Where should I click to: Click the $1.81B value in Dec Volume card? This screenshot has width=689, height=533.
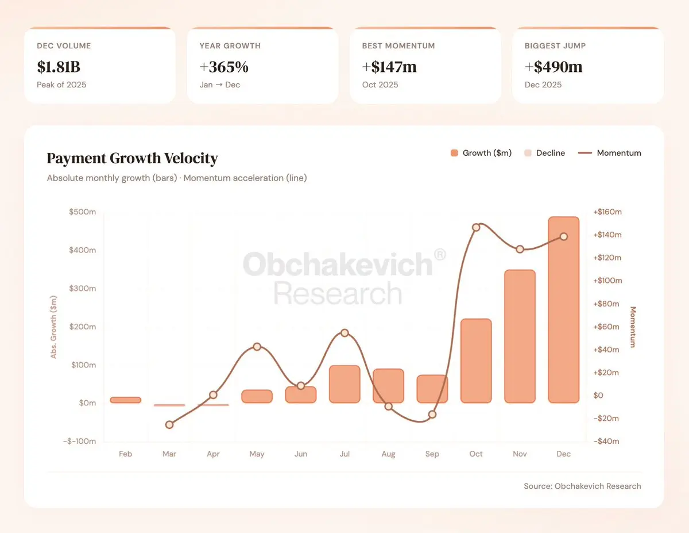click(59, 67)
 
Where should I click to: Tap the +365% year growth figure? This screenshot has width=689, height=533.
click(224, 67)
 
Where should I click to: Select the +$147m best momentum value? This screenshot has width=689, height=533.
click(389, 67)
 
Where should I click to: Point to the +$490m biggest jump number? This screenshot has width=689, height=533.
click(553, 67)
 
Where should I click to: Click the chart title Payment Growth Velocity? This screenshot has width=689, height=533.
click(132, 158)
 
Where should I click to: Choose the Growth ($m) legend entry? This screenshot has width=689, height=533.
click(481, 153)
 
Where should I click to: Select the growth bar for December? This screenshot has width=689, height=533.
click(563, 310)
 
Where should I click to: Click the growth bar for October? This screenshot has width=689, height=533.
click(476, 361)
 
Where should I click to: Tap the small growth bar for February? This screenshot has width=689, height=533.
click(125, 400)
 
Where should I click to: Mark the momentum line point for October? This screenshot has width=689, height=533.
click(476, 228)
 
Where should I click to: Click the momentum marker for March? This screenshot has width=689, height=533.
click(169, 425)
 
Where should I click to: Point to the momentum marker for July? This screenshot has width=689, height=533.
click(344, 333)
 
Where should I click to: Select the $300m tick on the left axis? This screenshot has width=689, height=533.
click(82, 289)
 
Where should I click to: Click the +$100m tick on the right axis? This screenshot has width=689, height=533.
click(607, 281)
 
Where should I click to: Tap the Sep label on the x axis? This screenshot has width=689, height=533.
click(432, 454)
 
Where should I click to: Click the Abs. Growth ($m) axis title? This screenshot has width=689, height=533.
click(54, 327)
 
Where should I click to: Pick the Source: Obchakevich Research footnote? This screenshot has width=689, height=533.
click(582, 486)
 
